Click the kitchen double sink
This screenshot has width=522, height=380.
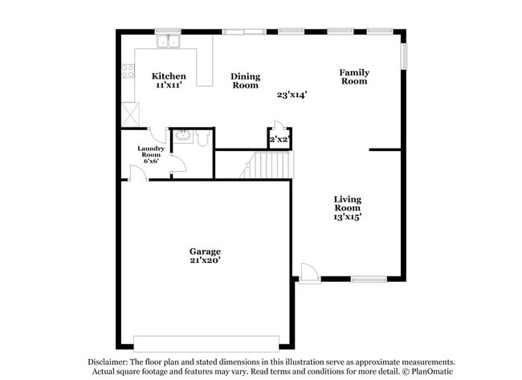click(x=169, y=40)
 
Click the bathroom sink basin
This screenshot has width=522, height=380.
click(x=182, y=136)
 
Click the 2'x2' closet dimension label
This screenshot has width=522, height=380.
click(x=279, y=140)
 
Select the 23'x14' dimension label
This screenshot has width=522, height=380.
click(x=292, y=95)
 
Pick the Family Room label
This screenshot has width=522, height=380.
click(x=353, y=76)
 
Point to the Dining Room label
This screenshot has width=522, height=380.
click(x=245, y=80)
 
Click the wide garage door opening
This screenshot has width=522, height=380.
click(x=206, y=339)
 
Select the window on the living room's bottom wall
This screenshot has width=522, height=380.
click(x=368, y=279)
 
